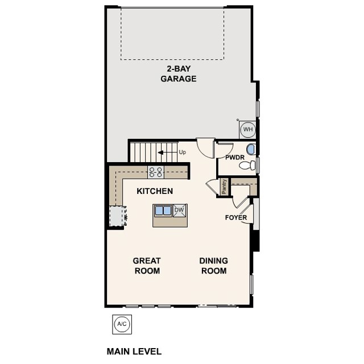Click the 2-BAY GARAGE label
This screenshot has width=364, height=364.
(178, 73)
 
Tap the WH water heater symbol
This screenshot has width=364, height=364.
(248, 130)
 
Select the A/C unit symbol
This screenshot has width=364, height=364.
(122, 324)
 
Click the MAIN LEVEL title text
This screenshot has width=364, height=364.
(134, 351)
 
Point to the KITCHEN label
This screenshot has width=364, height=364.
(155, 191)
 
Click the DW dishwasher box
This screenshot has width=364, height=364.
(179, 210)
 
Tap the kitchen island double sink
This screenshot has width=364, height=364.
(163, 210)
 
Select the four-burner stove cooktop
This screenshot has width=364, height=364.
(156, 171)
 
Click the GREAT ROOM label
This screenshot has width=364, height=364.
(147, 266)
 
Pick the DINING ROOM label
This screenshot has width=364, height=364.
(213, 266)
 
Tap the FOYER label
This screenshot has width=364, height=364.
(236, 217)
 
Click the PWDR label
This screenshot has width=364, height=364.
(234, 157)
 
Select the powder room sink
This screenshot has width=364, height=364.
(251, 150)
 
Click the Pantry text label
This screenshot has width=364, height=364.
(225, 187)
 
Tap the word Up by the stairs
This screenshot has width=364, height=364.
(182, 152)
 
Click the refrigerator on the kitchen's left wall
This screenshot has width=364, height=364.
(117, 216)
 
